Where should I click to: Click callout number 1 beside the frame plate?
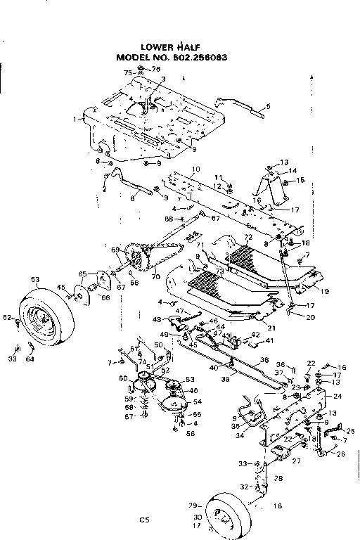pyautogui.click(x=75, y=120)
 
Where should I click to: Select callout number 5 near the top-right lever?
pyautogui.click(x=267, y=107)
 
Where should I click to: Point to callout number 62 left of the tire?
pyautogui.click(x=6, y=319)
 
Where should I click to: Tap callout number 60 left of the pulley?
pyautogui.click(x=124, y=379)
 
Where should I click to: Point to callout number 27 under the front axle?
pyautogui.click(x=297, y=461)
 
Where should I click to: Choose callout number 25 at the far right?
pyautogui.click(x=351, y=430)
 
